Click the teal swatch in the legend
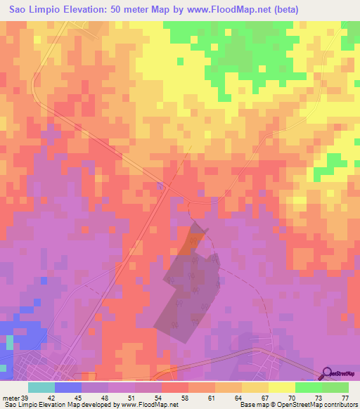[41, 387]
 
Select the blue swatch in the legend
[67, 387]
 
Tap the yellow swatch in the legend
[281, 387]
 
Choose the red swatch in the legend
[174, 387]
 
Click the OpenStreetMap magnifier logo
[326, 374]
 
